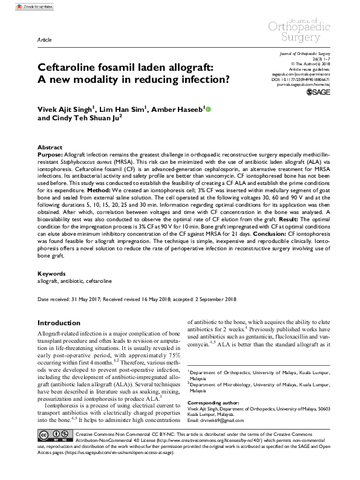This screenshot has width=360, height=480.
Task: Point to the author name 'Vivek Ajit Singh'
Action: click(59, 109)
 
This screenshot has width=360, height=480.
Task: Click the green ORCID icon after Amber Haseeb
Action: click(209, 109)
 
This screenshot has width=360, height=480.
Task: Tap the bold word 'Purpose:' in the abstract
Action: click(51, 155)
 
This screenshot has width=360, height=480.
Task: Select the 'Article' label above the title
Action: click(44, 37)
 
